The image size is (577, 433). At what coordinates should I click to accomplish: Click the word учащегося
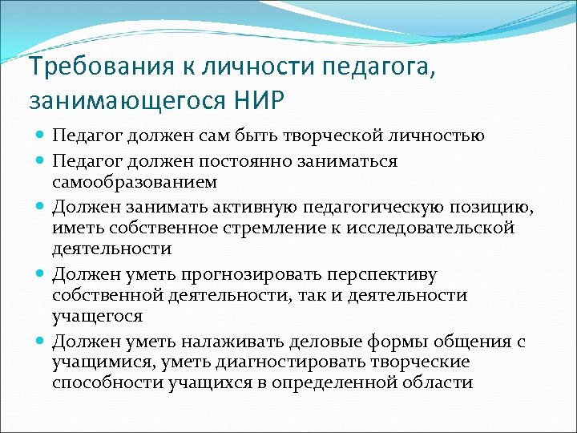click(98, 316)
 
